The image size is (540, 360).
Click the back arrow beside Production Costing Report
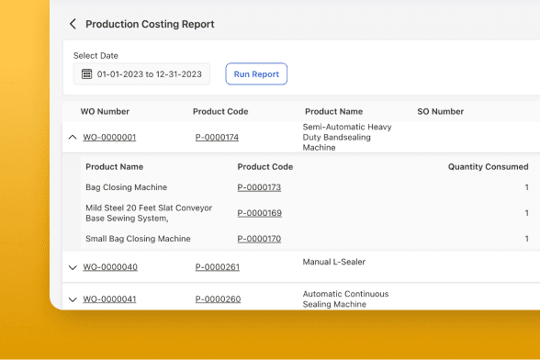(73, 24)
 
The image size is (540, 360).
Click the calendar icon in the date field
(86, 73)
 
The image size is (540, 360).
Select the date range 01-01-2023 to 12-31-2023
(149, 74)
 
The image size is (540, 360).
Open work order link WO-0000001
(109, 137)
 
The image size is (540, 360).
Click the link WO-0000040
(110, 267)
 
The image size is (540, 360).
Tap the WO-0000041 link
(109, 299)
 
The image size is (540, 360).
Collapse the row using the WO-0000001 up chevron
(73, 137)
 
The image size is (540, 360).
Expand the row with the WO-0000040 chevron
(73, 267)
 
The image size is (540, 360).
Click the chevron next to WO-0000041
(73, 299)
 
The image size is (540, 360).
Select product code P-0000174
(217, 137)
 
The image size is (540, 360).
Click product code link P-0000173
(259, 187)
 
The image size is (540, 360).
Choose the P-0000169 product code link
(260, 213)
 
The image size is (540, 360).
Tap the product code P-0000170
(259, 239)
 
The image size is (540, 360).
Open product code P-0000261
(218, 267)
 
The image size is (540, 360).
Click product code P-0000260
(218, 299)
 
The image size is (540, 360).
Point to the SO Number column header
(441, 111)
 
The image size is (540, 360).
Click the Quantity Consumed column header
(488, 167)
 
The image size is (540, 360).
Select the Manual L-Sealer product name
(334, 262)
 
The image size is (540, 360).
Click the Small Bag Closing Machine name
(138, 239)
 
